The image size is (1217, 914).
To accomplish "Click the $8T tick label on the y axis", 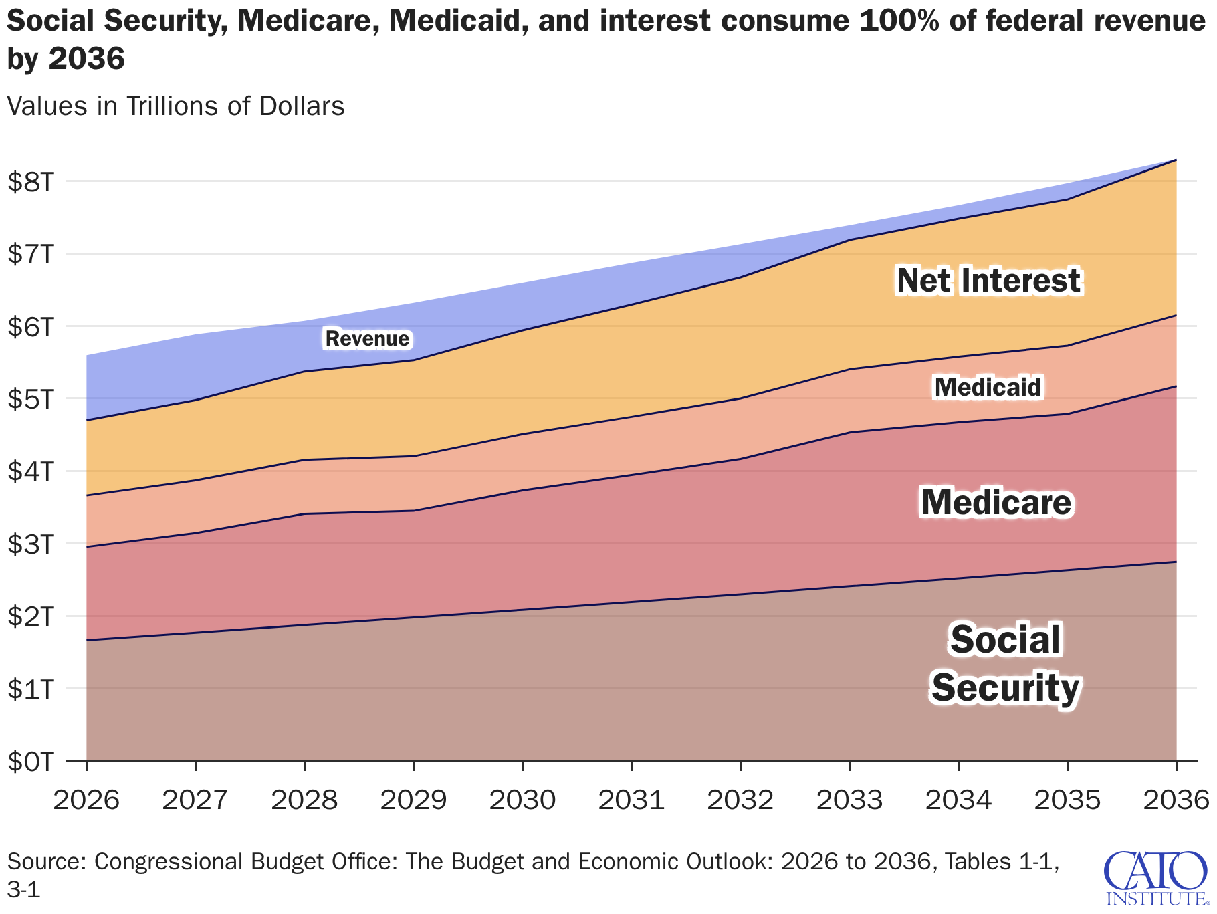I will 29,182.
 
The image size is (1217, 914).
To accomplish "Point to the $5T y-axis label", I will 29,399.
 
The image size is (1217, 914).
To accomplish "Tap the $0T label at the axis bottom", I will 29,762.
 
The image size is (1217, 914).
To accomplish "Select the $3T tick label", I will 29,544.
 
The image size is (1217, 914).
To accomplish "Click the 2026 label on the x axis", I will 86,800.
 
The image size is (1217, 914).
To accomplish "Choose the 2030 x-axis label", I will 522,800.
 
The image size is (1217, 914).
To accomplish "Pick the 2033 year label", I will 849,800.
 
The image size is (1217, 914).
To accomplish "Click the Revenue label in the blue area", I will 367,339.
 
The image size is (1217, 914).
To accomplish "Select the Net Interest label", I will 988,280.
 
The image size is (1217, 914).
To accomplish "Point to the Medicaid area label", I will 988,387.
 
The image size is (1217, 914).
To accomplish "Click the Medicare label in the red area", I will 996,503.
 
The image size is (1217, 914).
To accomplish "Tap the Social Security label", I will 1005,663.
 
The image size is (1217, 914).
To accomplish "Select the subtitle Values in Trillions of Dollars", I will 176,106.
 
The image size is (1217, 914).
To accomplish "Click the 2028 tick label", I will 304,800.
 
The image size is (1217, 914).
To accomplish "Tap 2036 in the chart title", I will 87,60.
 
